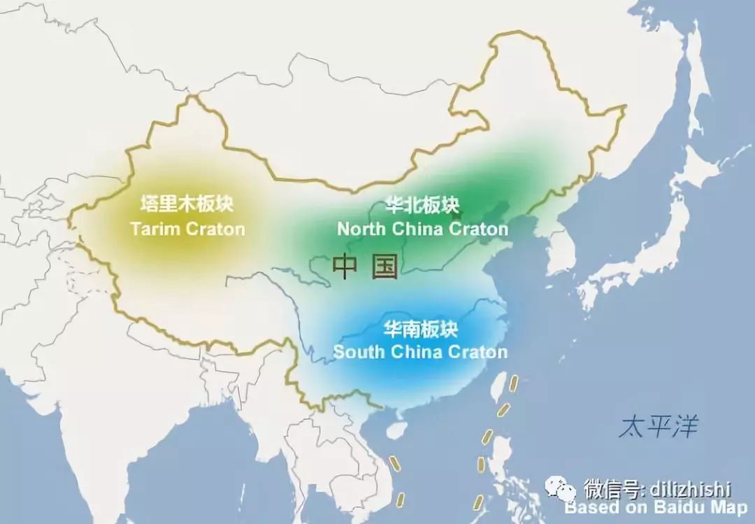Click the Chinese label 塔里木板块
(x=187, y=204)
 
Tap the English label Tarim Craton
(x=187, y=228)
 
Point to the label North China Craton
(x=422, y=229)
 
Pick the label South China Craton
(x=420, y=351)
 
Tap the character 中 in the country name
(x=345, y=266)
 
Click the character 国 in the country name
(x=385, y=266)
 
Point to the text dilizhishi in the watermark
(x=698, y=487)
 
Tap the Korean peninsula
(x=559, y=252)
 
